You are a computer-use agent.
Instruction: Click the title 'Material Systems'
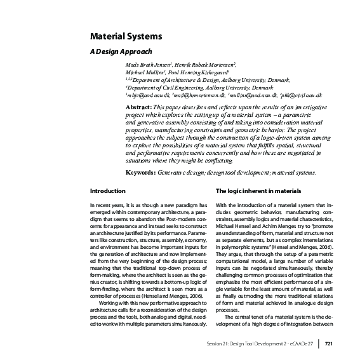tap(124, 37)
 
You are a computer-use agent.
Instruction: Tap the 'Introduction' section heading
tap(107, 190)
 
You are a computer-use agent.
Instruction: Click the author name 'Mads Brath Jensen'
tap(147, 65)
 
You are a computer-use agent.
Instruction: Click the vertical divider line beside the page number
tap(319, 343)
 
